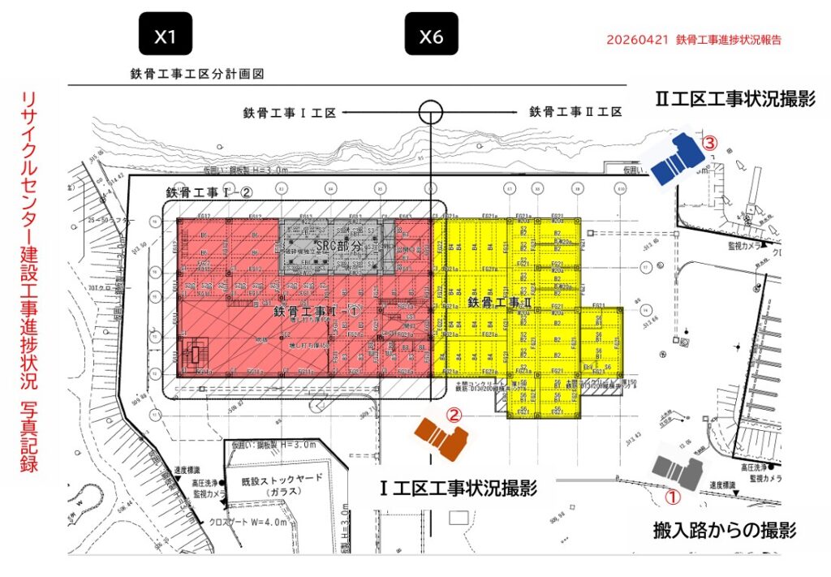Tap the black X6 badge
(431, 36)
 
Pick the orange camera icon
(441, 438)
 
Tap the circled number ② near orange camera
(455, 415)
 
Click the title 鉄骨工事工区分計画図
(198, 74)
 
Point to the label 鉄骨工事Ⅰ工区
(289, 112)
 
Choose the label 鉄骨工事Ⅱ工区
(575, 112)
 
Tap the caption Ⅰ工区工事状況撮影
(459, 489)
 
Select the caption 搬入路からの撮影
(724, 532)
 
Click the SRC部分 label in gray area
(338, 246)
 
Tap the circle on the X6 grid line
(430, 112)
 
